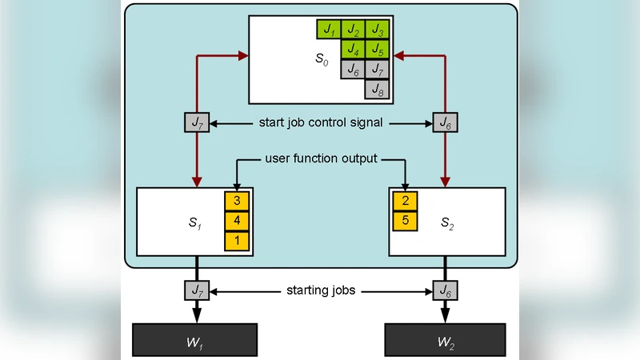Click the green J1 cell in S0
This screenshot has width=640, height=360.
click(329, 30)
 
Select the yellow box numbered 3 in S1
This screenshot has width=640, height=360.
click(237, 200)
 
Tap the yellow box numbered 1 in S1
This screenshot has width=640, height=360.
click(237, 240)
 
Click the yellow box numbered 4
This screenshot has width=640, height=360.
click(237, 220)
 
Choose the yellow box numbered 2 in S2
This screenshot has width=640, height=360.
click(405, 200)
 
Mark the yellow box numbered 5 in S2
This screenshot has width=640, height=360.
click(405, 219)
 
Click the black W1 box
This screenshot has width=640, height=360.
click(195, 339)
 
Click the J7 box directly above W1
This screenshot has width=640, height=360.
click(196, 289)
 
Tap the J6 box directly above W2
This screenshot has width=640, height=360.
click(444, 289)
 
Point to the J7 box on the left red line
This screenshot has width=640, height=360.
click(196, 122)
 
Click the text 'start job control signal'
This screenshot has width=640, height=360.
click(321, 122)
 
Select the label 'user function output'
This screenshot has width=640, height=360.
click(321, 158)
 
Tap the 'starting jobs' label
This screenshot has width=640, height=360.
click(320, 289)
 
